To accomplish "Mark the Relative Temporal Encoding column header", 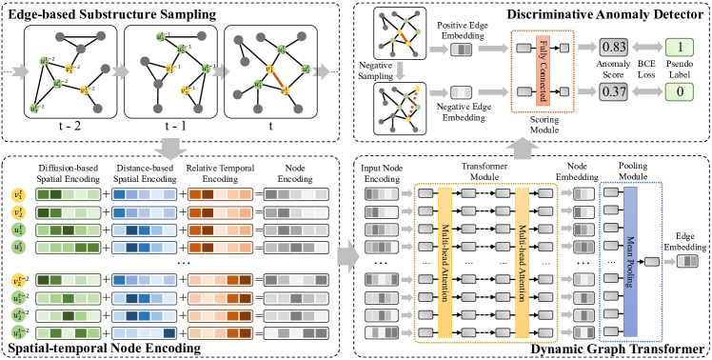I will click(x=221, y=171).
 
